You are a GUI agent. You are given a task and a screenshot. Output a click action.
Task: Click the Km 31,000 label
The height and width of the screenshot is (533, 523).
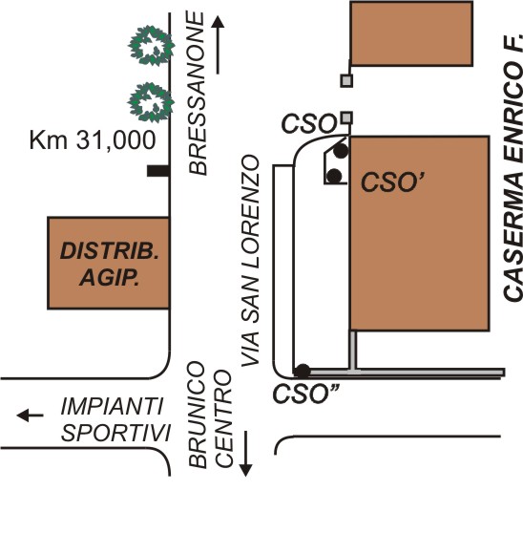point(93,140)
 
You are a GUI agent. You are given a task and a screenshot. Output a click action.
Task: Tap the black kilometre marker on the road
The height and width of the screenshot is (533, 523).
point(158,171)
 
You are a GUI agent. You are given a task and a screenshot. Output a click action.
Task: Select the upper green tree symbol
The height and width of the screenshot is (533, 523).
point(151,46)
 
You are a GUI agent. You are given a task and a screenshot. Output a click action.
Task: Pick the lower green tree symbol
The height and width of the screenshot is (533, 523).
point(151,102)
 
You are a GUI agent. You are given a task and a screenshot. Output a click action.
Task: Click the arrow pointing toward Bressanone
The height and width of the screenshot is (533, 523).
point(218,45)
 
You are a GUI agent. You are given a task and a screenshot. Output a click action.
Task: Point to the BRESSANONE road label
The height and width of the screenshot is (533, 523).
point(198,93)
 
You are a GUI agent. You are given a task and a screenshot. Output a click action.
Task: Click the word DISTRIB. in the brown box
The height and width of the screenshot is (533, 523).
point(110,251)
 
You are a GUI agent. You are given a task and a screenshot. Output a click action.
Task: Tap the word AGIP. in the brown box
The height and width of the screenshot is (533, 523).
point(110,278)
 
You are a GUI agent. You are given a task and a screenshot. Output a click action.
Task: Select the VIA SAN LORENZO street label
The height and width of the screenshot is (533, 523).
point(251,261)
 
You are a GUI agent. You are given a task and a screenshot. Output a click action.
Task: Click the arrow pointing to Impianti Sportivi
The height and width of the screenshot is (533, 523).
point(30,416)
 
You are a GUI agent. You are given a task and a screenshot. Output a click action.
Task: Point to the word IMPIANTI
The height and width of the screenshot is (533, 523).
point(112,407)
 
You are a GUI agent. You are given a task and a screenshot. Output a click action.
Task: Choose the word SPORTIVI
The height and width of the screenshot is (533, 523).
point(115,433)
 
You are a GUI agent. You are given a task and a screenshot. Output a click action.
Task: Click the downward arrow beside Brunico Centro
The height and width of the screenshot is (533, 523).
point(245,454)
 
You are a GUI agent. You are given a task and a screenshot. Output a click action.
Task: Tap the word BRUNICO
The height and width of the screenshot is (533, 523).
point(198,415)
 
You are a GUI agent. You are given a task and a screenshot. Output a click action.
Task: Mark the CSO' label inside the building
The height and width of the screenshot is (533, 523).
point(393,181)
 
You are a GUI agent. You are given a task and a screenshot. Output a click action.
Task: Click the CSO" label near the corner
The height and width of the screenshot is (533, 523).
point(306,394)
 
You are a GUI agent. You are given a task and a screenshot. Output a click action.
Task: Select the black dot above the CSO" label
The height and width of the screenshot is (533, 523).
point(302,372)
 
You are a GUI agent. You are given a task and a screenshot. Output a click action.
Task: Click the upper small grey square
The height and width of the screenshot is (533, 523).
point(346,81)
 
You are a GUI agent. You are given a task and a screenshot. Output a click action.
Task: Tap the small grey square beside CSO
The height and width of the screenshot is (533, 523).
point(346,118)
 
